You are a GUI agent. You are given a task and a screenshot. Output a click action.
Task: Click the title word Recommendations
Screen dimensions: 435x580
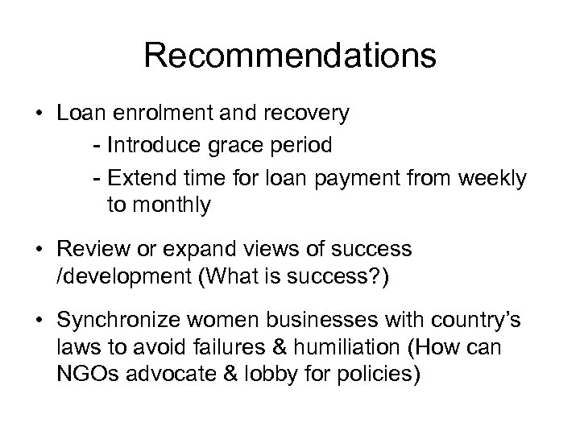click(x=290, y=56)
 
